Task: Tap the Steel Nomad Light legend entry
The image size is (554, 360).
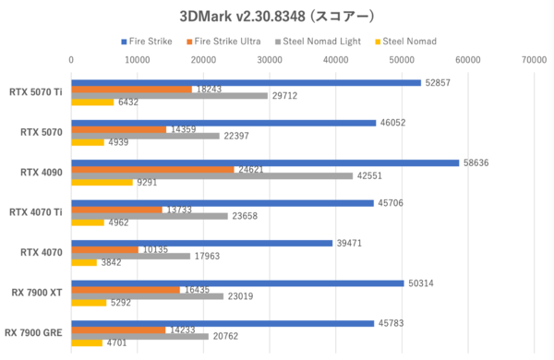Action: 322,41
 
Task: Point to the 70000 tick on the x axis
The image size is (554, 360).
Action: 533,60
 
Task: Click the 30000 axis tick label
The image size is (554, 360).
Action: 270,60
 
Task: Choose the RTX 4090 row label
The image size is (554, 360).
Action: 42,173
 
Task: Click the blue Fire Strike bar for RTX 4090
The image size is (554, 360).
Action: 265,162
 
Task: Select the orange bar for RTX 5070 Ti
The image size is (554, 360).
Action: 132,90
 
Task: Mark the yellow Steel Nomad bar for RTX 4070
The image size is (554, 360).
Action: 85,262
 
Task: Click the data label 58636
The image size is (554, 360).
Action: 477,162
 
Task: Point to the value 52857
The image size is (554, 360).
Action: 440,83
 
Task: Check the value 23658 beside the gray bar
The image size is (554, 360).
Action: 247,216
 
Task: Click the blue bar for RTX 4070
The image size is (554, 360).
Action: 202,243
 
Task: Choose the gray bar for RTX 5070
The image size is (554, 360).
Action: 146,136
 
